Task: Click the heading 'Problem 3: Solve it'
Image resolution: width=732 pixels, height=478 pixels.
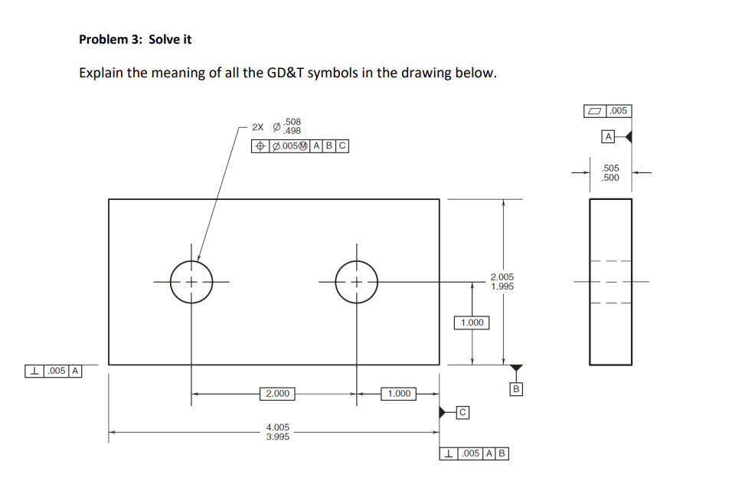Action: (x=135, y=39)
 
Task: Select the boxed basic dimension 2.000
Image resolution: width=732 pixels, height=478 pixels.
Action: (x=276, y=394)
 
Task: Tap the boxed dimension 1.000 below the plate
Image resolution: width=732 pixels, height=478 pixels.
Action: (x=398, y=394)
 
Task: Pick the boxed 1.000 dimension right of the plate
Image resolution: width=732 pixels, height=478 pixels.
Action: (x=472, y=322)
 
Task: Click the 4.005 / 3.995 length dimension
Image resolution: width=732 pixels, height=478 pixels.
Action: (x=277, y=432)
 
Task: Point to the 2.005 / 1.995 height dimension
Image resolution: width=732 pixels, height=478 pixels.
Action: (x=502, y=281)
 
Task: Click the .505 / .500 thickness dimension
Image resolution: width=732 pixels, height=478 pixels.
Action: (x=611, y=172)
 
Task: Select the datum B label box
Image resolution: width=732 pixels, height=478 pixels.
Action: (x=516, y=390)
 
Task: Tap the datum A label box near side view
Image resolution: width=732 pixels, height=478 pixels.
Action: (x=608, y=137)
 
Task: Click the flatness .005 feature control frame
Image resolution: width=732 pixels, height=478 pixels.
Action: (x=608, y=111)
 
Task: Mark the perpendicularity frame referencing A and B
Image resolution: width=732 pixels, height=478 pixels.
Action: (x=474, y=453)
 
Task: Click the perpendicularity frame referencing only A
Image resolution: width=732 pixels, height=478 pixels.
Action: (x=54, y=372)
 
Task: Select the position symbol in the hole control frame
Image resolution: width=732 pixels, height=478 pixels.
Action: (x=260, y=146)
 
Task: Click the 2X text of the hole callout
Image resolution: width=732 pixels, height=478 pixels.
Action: (x=259, y=126)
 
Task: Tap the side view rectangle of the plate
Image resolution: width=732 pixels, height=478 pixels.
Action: (x=610, y=281)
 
